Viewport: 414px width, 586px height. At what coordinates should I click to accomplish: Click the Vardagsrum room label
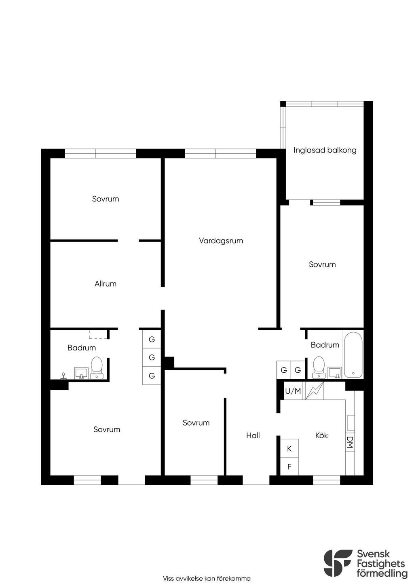click(x=221, y=241)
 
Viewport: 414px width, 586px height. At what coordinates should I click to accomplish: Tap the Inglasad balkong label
click(x=325, y=151)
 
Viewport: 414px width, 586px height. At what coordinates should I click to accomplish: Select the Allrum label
click(x=106, y=284)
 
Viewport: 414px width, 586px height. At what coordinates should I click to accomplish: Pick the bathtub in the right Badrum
click(x=353, y=355)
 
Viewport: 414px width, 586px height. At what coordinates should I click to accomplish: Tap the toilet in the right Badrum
click(x=319, y=367)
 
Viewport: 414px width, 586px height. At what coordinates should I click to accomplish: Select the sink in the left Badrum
click(x=81, y=373)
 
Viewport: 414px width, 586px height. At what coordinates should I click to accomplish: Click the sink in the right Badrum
click(x=335, y=373)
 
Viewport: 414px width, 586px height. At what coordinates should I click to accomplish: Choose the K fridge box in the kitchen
click(x=289, y=449)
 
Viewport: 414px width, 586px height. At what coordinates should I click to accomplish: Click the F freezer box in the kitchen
click(x=289, y=467)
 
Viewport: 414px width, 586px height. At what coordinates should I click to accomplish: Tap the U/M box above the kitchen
click(x=293, y=391)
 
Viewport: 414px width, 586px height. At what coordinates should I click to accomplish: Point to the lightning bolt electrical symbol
click(x=315, y=391)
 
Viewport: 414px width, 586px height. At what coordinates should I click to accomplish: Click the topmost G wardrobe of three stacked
click(x=152, y=339)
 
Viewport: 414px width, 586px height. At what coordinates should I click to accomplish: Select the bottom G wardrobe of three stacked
click(x=152, y=376)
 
